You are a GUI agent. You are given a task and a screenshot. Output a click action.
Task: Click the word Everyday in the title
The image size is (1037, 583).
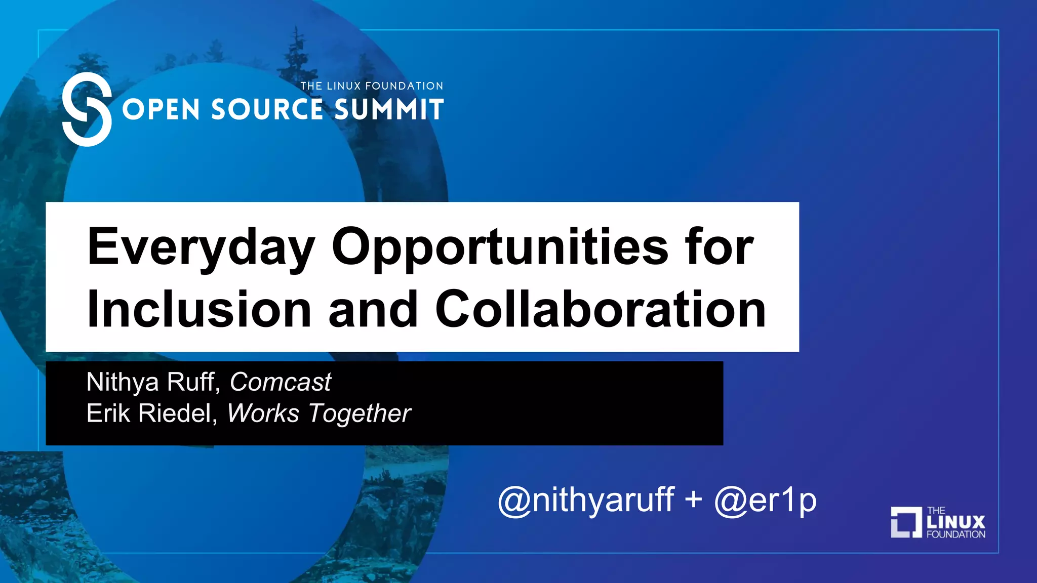[201, 247]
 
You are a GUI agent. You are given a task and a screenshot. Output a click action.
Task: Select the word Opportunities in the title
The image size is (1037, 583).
[500, 247]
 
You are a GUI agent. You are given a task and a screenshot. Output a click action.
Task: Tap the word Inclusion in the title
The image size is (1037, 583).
[199, 309]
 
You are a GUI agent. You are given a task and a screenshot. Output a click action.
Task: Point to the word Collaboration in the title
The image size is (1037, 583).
[600, 309]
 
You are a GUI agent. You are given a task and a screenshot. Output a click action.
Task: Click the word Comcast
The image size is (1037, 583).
[281, 382]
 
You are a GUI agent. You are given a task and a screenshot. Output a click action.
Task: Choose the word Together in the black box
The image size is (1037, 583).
[360, 414]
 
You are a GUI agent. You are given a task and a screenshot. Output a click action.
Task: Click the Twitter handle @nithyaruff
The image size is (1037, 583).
[586, 500]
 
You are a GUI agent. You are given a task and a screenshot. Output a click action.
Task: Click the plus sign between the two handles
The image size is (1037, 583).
[693, 500]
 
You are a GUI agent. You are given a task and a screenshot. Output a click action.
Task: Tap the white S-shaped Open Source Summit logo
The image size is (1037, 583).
[87, 109]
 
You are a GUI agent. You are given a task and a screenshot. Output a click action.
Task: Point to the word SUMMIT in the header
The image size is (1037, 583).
[389, 110]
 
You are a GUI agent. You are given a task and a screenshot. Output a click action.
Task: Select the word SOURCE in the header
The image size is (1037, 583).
[267, 110]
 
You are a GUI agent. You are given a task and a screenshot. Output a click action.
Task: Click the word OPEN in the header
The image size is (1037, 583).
[161, 110]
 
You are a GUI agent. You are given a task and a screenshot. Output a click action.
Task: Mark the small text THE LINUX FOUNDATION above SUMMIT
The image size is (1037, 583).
[372, 86]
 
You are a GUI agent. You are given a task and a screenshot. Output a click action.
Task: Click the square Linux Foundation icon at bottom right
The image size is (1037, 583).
[906, 522]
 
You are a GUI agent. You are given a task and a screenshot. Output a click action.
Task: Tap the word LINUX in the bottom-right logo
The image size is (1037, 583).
[956, 522]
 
